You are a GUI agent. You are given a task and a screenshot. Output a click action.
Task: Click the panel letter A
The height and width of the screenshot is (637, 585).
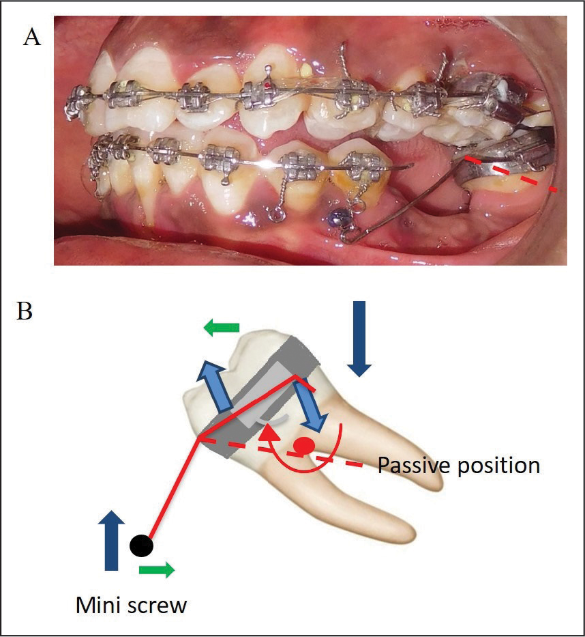click(32, 38)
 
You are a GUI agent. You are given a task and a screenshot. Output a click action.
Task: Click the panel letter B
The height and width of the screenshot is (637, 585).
click(25, 311)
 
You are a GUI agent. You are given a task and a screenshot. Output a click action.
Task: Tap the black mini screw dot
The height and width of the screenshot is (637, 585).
click(142, 546)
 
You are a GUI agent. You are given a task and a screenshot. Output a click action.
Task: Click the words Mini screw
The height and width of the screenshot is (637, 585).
click(131, 605)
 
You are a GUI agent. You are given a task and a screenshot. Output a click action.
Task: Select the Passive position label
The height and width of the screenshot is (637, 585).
click(459, 466)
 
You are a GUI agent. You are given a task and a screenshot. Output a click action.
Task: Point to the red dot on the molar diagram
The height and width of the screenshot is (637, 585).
click(305, 446)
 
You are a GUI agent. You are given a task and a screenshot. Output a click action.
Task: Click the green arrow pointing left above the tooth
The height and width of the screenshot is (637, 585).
click(222, 328)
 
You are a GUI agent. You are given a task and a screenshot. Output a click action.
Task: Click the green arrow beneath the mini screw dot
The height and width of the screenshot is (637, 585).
click(157, 569)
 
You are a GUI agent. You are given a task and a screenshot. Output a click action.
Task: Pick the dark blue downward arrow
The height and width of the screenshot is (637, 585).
click(359, 339)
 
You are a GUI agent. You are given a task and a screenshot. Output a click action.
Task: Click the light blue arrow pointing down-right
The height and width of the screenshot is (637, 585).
click(311, 406)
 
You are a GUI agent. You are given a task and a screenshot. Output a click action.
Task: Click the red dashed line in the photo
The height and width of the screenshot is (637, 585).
click(511, 173)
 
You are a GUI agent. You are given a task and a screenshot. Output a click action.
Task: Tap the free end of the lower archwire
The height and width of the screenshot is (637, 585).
click(412, 165)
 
